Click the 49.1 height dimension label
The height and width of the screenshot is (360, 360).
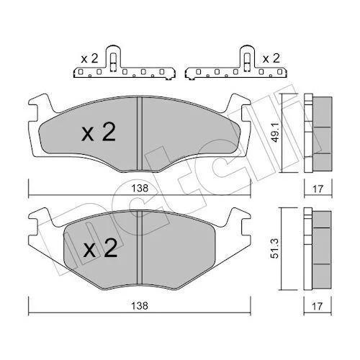pyautogui.click(x=276, y=132)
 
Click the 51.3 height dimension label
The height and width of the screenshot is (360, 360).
pyautogui.click(x=275, y=248)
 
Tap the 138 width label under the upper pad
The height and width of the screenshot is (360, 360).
pyautogui.click(x=140, y=189)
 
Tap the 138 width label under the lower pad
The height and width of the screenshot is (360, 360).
pyautogui.click(x=140, y=306)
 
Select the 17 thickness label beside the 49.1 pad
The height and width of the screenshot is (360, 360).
pyautogui.click(x=318, y=189)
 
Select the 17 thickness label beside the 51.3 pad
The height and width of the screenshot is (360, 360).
pyautogui.click(x=317, y=306)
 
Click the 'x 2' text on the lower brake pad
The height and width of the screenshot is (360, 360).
pyautogui.click(x=100, y=248)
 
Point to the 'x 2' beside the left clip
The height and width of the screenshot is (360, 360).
pyautogui.click(x=89, y=58)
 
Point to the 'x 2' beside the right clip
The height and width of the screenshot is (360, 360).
pyautogui.click(x=271, y=58)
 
